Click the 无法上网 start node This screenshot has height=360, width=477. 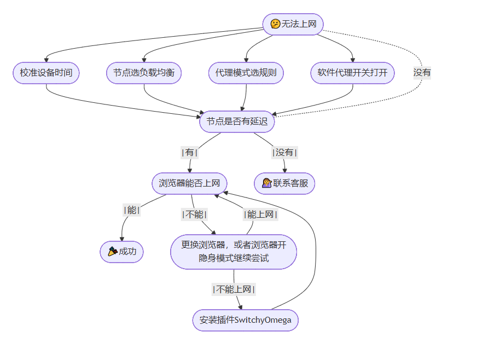tap(293, 24)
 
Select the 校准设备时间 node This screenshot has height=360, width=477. tap(46, 73)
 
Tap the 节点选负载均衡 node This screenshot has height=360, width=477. tap(144, 73)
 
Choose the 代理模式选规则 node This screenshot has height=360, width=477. tap(246, 73)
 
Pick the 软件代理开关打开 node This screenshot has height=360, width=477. tap(352, 73)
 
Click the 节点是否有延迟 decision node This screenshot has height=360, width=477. tap(236, 121)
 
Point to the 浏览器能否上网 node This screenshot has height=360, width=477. tap(189, 183)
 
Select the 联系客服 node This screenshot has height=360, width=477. tap(284, 183)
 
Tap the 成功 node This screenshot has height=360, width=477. tap(121, 252)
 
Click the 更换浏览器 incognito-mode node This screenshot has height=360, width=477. tap(234, 252)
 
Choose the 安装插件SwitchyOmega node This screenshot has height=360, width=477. tap(245, 320)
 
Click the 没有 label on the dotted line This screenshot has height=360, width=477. tap(422, 72)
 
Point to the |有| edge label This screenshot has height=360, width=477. tap(189, 153)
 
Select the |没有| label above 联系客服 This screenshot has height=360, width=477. tap(284, 153)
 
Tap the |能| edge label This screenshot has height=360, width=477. tap(131, 210)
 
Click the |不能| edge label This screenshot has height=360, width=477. tap(195, 214)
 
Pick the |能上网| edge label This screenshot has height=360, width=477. tap(260, 214)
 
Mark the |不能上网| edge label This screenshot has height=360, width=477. tap(234, 289)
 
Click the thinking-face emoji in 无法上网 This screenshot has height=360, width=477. tap(275, 24)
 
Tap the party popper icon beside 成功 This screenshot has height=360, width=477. tap(113, 252)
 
